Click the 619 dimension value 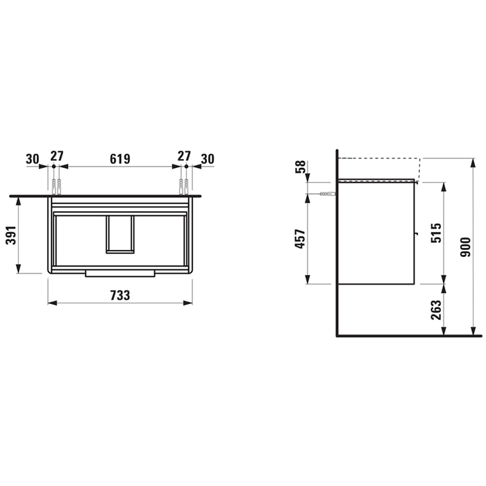[x=120, y=158]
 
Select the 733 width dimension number [x=120, y=295]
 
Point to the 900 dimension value [x=466, y=246]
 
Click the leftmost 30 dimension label [x=33, y=158]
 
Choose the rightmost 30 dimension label [x=208, y=158]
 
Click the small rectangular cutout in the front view [x=119, y=233]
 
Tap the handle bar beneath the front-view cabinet [x=120, y=274]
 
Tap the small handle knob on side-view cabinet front [x=417, y=234]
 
